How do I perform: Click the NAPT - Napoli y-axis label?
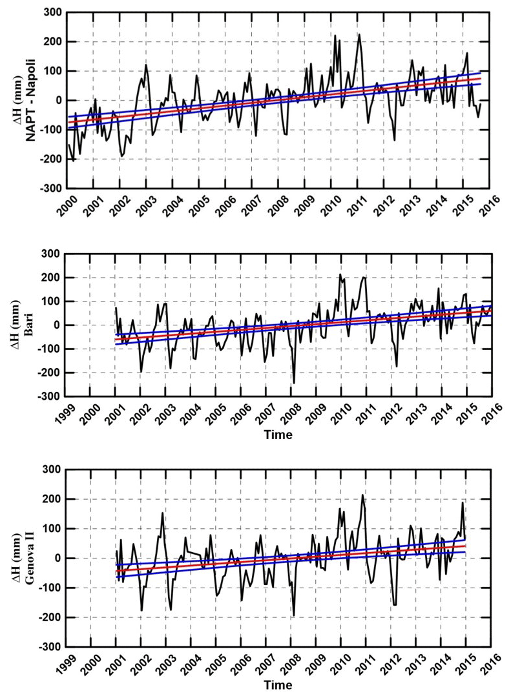pyautogui.click(x=30, y=100)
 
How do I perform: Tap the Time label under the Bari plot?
pyautogui.click(x=278, y=435)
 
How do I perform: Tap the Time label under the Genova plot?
pyautogui.click(x=278, y=684)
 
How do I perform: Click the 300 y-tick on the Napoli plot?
pyautogui.click(x=53, y=12)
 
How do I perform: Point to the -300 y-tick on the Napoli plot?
pyautogui.click(x=51, y=189)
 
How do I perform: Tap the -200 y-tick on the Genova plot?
pyautogui.click(x=51, y=617)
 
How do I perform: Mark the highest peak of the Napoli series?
pyautogui.click(x=359, y=34)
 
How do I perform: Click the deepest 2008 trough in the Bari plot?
pyautogui.click(x=294, y=384)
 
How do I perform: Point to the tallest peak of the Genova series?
pyautogui.click(x=362, y=495)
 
